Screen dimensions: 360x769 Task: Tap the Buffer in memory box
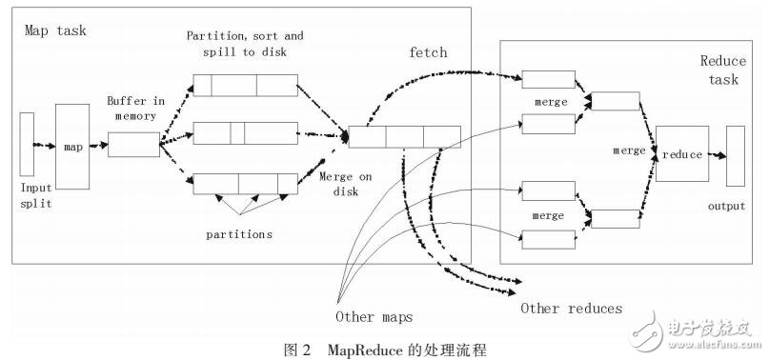pyautogui.click(x=133, y=145)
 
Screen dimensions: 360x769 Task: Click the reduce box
pyautogui.click(x=681, y=153)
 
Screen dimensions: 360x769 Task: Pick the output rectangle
pyautogui.click(x=736, y=154)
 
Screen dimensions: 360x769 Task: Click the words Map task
pyautogui.click(x=55, y=31)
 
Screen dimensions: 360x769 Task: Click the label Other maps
pyautogui.click(x=373, y=316)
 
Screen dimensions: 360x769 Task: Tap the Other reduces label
pyautogui.click(x=571, y=308)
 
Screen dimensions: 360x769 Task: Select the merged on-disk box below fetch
pyautogui.click(x=404, y=137)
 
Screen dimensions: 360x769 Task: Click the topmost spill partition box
pyautogui.click(x=245, y=86)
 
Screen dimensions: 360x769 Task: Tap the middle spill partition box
pyautogui.click(x=245, y=133)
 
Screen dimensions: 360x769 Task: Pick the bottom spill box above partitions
pyautogui.click(x=245, y=182)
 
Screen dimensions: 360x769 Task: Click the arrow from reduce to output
pyautogui.click(x=717, y=154)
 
